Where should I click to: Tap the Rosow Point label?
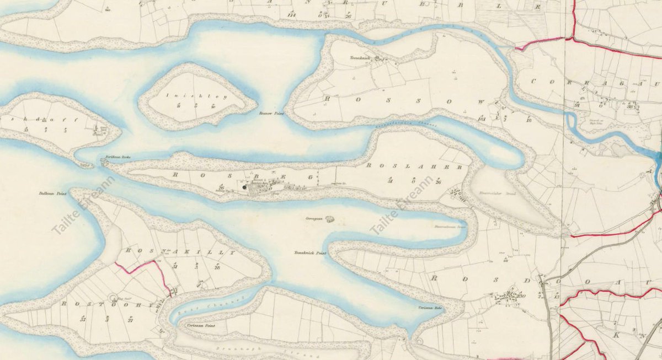(270, 113)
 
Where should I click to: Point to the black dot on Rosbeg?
(244, 187)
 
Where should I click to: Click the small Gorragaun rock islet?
(330, 219)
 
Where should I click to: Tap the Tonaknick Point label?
(310, 252)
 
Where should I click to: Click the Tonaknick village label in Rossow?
(359, 57)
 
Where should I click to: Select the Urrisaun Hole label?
(430, 308)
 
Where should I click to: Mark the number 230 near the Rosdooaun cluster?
(520, 296)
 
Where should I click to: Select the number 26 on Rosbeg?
(221, 187)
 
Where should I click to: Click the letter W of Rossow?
(480, 103)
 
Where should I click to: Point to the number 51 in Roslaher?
(390, 180)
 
